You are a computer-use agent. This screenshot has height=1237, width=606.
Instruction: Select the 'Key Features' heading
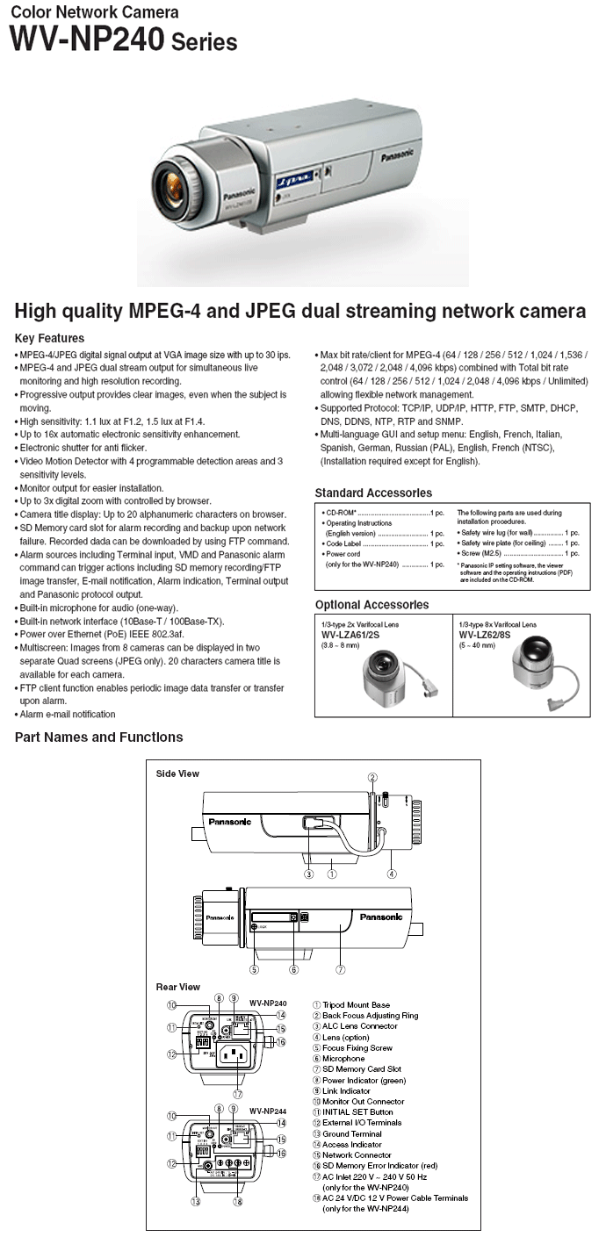[x=49, y=338]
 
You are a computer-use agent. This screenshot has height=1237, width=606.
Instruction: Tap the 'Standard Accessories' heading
[x=373, y=493]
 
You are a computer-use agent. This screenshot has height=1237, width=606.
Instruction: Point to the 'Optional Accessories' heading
[x=372, y=605]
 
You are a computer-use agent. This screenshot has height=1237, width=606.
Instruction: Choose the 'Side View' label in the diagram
[x=177, y=773]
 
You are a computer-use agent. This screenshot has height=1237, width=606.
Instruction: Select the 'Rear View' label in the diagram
[x=177, y=987]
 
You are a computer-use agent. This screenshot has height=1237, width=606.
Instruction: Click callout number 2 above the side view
[x=372, y=777]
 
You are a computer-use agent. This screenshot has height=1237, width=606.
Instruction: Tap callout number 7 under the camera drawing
[x=340, y=969]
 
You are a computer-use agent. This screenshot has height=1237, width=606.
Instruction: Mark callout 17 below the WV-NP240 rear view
[x=237, y=1094]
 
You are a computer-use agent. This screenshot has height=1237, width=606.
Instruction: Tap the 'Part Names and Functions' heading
[x=98, y=737]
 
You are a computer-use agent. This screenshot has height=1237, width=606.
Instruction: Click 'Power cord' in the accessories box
[x=342, y=554]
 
